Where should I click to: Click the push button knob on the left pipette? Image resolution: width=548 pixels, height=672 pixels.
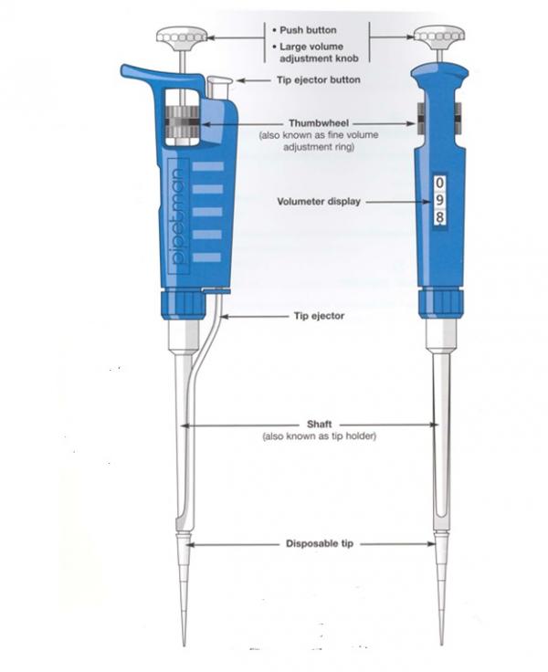(183, 37)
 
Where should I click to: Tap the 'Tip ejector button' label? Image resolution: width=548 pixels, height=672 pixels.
(319, 79)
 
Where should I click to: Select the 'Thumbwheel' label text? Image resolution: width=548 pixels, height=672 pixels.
(319, 123)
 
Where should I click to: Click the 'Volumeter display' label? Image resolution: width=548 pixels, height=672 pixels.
(319, 202)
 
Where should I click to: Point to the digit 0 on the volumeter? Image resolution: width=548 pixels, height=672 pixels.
(439, 183)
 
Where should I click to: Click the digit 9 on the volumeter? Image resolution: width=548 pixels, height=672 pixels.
(439, 201)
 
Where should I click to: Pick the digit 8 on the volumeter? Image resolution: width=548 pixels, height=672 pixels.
(439, 217)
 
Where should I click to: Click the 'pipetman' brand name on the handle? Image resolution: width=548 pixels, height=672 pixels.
(178, 216)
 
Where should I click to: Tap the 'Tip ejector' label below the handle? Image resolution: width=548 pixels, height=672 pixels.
(319, 316)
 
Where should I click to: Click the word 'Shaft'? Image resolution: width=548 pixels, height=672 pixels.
(319, 425)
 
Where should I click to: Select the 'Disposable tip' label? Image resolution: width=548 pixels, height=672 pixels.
(320, 543)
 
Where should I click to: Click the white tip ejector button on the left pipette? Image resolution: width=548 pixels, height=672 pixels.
(219, 88)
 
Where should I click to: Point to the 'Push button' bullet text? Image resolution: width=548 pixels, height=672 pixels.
(308, 30)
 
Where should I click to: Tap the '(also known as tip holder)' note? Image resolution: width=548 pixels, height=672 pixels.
(319, 436)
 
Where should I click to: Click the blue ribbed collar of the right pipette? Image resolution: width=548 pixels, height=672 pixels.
(441, 303)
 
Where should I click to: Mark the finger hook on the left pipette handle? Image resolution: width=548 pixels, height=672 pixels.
(155, 74)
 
